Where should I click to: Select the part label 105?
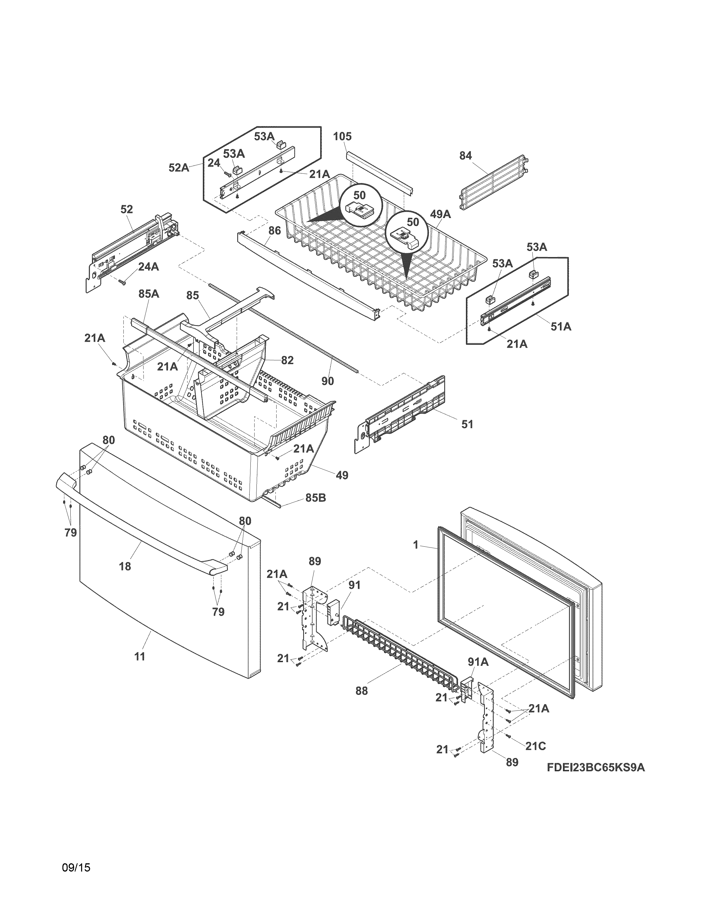(x=342, y=136)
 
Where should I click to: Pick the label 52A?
(x=179, y=167)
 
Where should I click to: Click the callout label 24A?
(x=148, y=267)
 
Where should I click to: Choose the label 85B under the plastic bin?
(x=316, y=497)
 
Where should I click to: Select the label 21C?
(x=535, y=746)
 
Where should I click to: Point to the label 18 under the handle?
(x=125, y=566)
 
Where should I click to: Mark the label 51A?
(x=561, y=327)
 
